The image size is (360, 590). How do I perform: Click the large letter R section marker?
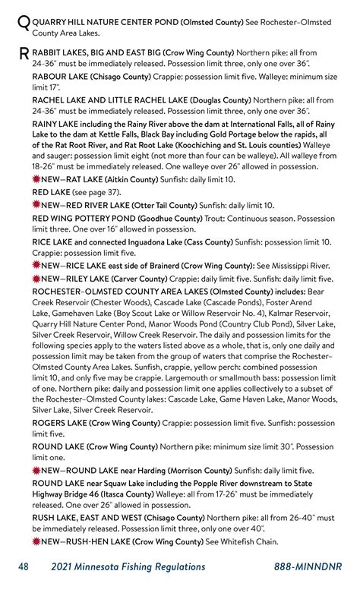coord(23,54)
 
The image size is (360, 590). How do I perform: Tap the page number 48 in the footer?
coord(24,566)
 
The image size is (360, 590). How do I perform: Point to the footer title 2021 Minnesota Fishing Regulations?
coord(128,566)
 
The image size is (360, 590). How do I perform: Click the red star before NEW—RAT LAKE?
coord(36,179)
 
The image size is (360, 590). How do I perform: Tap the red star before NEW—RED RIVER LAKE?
coord(36,205)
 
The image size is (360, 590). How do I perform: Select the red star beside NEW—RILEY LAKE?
coord(36,279)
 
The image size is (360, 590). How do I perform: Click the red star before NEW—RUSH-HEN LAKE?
coord(36,541)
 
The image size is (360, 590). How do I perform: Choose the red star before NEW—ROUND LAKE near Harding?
coord(36,470)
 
